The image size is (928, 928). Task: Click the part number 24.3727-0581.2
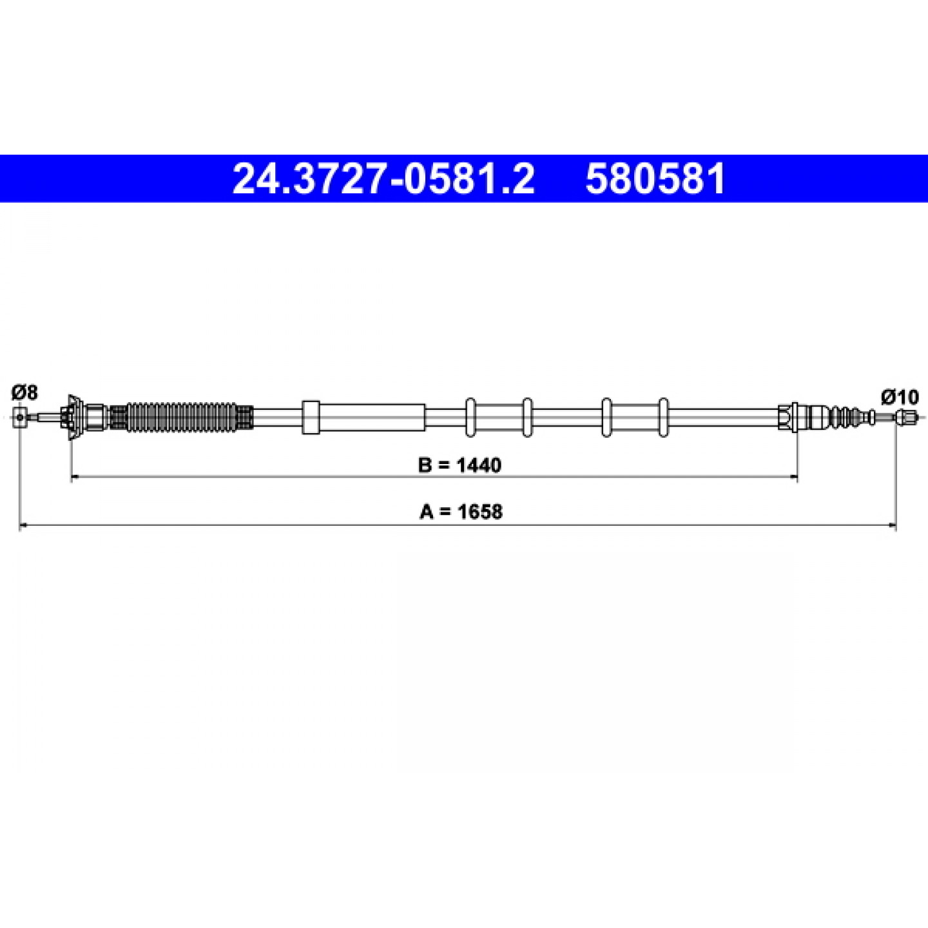(383, 179)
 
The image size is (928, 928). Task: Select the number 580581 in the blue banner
(655, 179)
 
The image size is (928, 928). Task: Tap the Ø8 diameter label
(24, 392)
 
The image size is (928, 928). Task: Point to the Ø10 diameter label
(900, 397)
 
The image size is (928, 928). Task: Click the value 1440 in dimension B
(479, 465)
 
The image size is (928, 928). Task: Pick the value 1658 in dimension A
(479, 512)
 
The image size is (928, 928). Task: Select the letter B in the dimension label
(425, 465)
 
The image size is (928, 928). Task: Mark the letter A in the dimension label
(426, 512)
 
